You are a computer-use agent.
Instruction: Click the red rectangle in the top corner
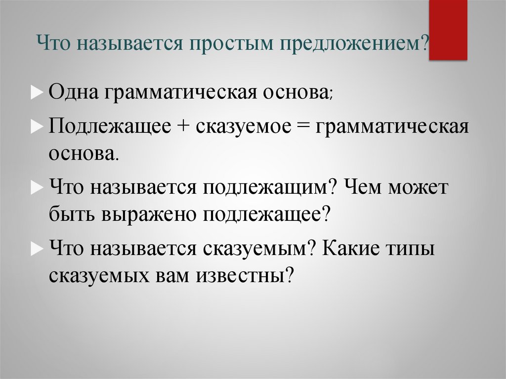coord(448,30)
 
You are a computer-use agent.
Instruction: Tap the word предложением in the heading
coord(350,45)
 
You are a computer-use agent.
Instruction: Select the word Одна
coord(73,93)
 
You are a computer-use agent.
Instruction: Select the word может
coord(419,189)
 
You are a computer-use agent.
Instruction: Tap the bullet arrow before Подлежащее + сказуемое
coord(41,126)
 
